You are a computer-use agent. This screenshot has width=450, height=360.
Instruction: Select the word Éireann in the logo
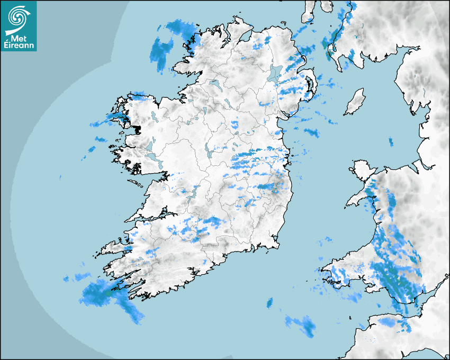click(x=20, y=46)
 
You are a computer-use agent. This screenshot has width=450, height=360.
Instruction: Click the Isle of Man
click(x=355, y=102)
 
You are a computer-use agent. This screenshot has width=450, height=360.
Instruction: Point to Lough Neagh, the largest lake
click(x=276, y=73)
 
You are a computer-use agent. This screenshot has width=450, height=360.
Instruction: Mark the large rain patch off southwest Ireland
click(x=106, y=294)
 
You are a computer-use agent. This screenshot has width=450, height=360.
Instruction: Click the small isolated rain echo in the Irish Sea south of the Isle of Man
click(x=391, y=141)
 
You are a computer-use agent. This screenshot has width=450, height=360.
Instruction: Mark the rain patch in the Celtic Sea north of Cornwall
click(x=301, y=324)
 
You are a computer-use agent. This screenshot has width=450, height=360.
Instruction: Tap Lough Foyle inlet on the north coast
click(x=245, y=37)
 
